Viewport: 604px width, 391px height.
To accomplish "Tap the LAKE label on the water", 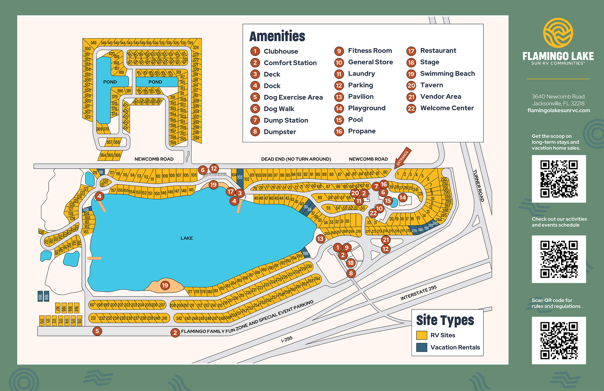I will [x=187, y=238].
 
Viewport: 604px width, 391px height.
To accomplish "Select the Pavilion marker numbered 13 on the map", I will [x=320, y=239].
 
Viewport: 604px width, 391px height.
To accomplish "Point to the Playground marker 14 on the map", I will [x=403, y=197].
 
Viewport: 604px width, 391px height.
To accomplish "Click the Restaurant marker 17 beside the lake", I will [x=230, y=192].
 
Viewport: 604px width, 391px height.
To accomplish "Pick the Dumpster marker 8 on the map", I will [x=351, y=273].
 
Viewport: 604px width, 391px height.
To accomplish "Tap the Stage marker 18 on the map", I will [x=351, y=263].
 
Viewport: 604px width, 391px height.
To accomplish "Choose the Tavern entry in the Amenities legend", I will [x=431, y=85].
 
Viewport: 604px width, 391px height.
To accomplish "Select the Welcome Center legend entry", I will [x=447, y=108].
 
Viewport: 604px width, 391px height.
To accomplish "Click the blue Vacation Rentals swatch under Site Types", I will [x=422, y=347].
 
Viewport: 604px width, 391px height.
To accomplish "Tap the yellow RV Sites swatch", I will [x=422, y=335].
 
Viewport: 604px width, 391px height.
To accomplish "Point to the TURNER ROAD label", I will [x=478, y=185].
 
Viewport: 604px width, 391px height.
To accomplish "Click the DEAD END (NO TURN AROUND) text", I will [x=296, y=159].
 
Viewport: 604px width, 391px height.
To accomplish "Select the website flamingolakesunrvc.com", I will [x=558, y=110].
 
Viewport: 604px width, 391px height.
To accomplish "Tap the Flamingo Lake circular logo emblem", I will [x=558, y=33].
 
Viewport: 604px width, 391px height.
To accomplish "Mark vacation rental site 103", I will [x=240, y=177].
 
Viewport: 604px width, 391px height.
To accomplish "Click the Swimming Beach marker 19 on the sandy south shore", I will [x=165, y=285].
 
